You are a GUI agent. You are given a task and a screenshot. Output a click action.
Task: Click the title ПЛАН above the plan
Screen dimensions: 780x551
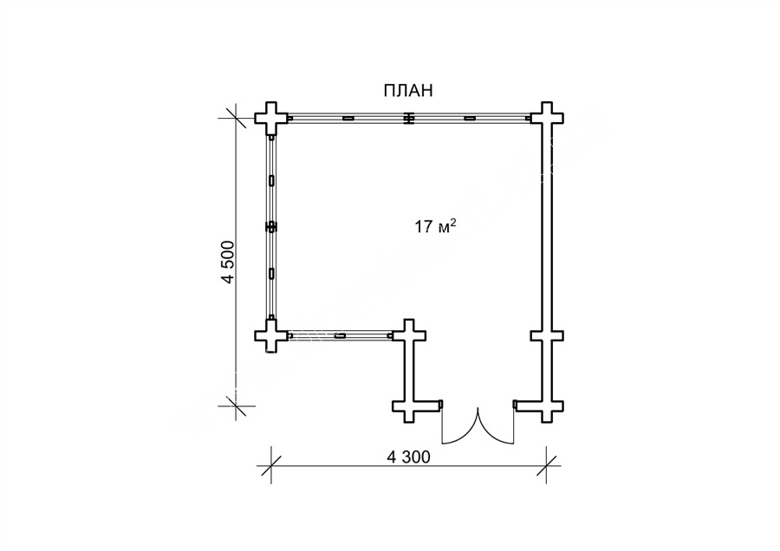click(408, 90)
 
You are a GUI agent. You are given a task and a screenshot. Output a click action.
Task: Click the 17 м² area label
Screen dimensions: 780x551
click(435, 227)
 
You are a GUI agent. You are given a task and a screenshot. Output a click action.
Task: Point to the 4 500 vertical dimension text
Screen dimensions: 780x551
click(227, 263)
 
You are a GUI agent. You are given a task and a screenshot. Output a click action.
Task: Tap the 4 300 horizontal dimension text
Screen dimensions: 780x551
click(408, 457)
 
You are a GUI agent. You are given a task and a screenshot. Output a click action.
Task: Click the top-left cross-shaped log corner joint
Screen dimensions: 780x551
click(271, 119)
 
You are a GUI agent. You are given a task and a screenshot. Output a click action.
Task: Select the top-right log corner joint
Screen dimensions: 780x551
click(547, 119)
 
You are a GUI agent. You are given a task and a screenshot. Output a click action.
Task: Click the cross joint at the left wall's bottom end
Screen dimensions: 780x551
click(271, 335)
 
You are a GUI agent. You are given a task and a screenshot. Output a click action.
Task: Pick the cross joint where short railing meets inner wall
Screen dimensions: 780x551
click(409, 335)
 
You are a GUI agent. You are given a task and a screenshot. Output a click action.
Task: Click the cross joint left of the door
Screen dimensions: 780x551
click(409, 405)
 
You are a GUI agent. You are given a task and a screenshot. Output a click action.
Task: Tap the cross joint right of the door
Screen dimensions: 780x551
click(547, 405)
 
